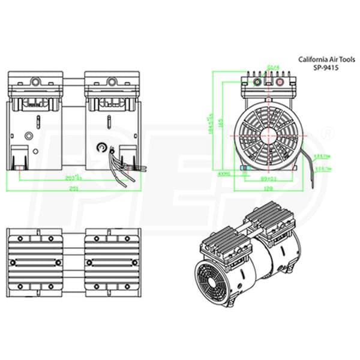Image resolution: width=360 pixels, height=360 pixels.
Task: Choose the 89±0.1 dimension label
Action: (268, 178)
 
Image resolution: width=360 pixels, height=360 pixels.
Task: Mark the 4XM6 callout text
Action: (224, 174)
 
